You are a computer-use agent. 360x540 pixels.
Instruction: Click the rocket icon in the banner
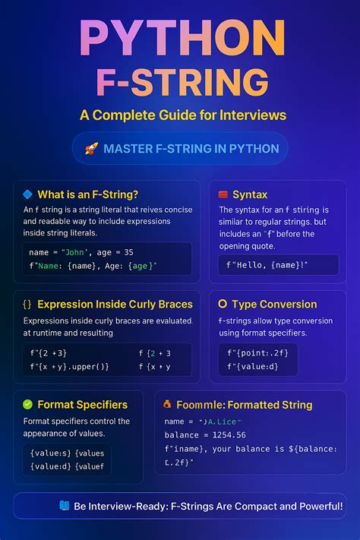[x=91, y=149]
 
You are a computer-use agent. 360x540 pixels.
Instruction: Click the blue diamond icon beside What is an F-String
[x=27, y=194]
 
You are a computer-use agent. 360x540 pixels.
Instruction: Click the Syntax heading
[x=250, y=194]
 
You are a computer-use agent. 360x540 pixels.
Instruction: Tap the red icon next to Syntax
[x=223, y=194]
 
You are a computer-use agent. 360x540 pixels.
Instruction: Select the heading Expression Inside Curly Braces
[x=115, y=305]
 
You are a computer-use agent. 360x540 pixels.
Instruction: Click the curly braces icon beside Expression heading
[x=27, y=305]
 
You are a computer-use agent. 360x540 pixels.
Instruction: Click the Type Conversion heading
[x=274, y=305]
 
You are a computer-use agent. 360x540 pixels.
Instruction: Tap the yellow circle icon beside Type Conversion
[x=223, y=305]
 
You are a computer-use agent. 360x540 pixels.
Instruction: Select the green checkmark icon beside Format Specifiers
[x=27, y=404]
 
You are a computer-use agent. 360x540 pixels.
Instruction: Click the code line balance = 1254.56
[x=204, y=434]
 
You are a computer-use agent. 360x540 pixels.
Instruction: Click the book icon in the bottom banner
[x=64, y=505]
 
